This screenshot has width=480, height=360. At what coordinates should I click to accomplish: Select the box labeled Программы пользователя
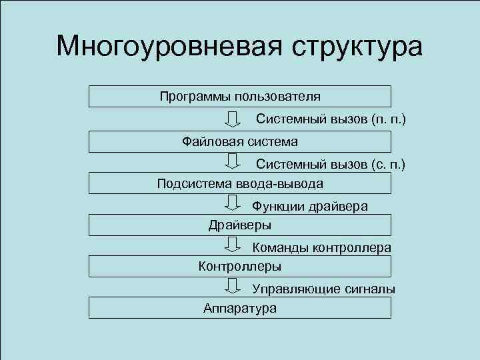coord(240,96)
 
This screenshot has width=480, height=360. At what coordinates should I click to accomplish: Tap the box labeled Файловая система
coord(240,141)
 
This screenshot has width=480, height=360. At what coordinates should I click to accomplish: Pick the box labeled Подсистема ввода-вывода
coord(240,183)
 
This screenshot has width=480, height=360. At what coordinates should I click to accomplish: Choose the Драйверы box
coord(240,225)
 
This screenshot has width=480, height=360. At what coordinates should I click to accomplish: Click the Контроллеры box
coord(240,266)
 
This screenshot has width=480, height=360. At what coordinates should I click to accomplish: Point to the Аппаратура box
coord(240,307)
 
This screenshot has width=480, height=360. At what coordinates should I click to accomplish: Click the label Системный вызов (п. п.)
coord(331,119)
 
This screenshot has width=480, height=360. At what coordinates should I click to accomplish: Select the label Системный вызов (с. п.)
coord(331,163)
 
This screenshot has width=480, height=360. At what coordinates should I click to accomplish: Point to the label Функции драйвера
coord(310,207)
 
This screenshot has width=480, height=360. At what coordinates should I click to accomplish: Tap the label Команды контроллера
coord(321,248)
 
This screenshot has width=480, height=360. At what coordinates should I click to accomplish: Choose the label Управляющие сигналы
coord(323,289)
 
